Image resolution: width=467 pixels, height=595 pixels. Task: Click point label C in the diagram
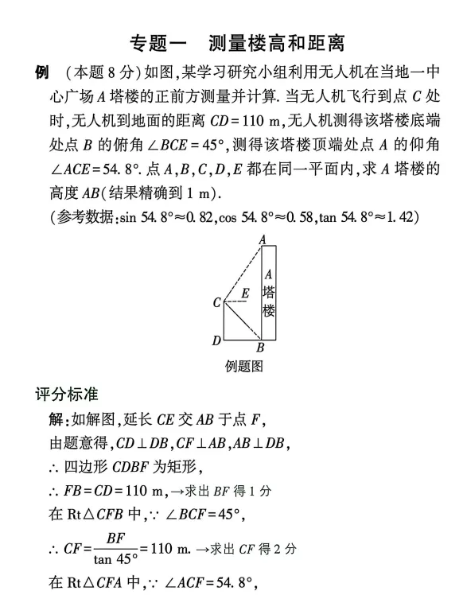(216, 303)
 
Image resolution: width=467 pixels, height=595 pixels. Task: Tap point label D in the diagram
(216, 340)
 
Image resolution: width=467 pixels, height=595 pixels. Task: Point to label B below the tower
(260, 348)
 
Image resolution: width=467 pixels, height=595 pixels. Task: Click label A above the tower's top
(262, 239)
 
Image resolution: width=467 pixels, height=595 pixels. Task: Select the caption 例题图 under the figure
(244, 367)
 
